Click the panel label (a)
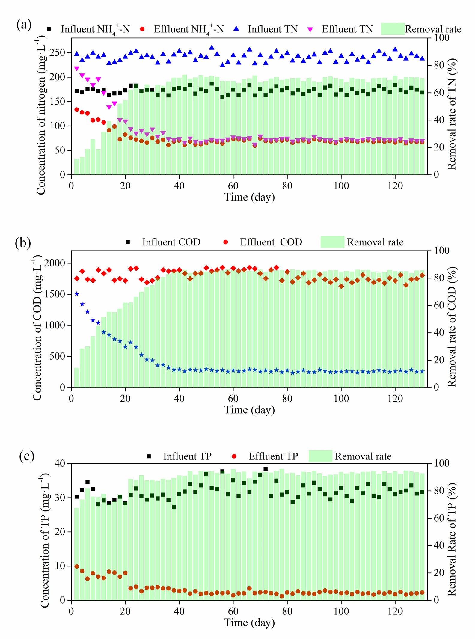click(24, 25)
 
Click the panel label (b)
click(23, 243)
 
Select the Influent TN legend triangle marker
click(236, 29)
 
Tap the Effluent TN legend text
click(347, 29)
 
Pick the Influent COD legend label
click(171, 242)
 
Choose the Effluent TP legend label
click(273, 456)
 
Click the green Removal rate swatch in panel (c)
click(320, 456)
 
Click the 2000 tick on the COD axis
click(55, 263)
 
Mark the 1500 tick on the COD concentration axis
click(55, 294)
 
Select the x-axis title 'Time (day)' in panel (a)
click(249, 197)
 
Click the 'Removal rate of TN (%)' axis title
click(452, 114)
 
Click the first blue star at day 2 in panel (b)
click(77, 294)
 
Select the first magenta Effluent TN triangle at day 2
click(77, 69)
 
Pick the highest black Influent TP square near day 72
click(266, 469)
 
